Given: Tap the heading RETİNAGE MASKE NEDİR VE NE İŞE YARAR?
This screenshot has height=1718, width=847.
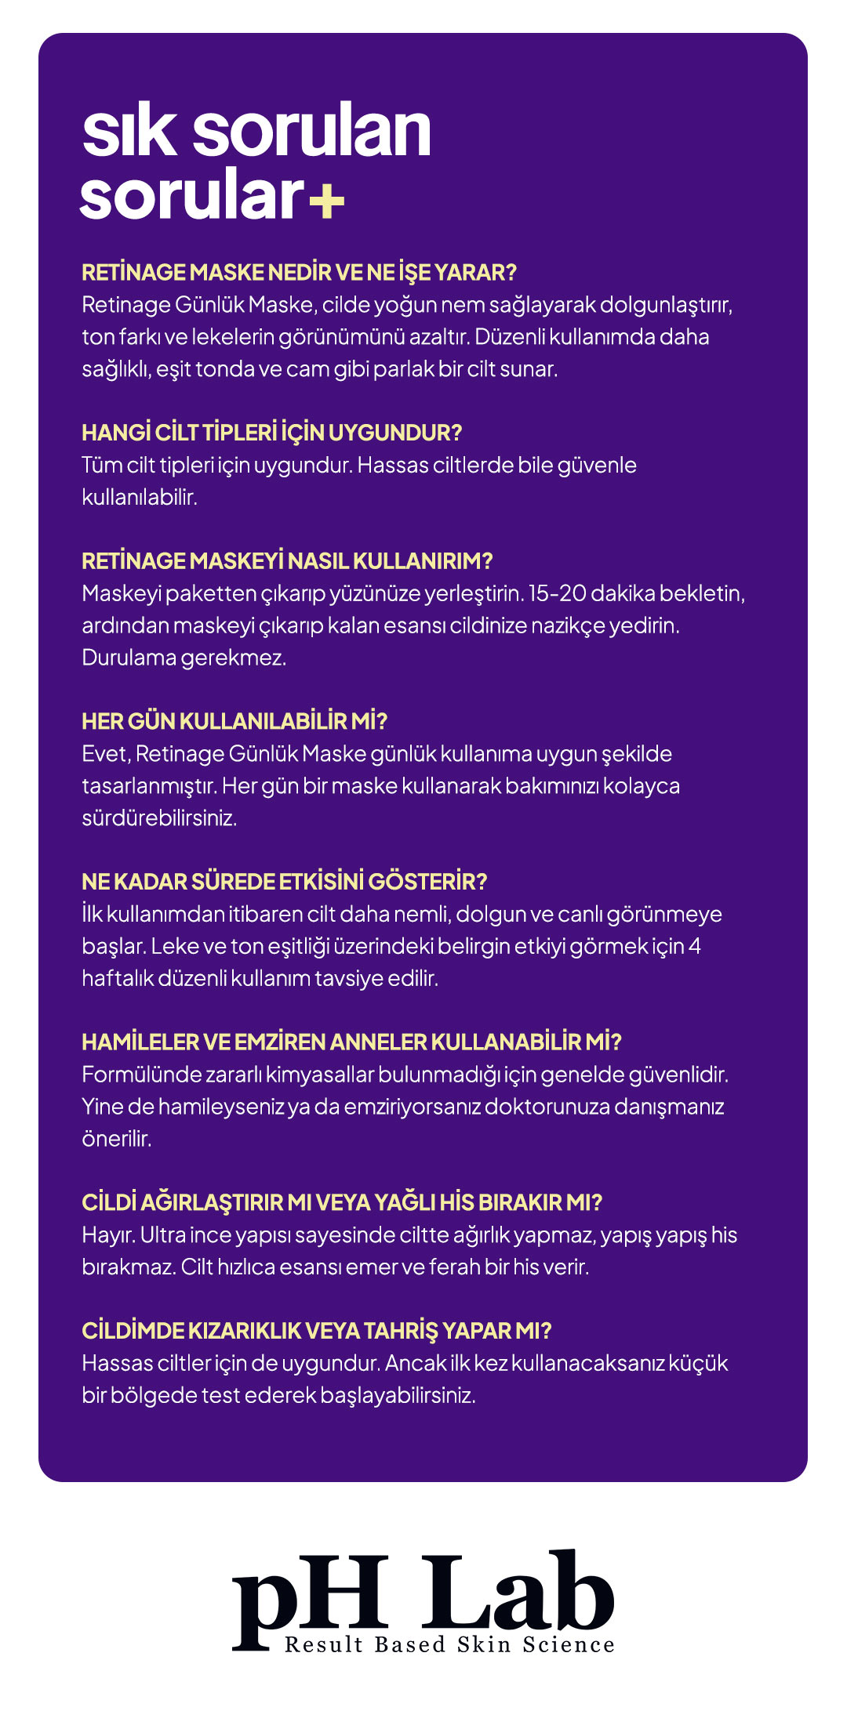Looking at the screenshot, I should [299, 272].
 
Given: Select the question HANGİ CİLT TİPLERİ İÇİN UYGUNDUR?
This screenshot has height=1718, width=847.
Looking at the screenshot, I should [271, 432].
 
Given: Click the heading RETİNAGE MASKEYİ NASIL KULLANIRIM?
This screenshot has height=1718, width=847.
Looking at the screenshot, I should [287, 560].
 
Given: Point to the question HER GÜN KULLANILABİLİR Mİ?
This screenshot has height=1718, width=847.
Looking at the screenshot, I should [234, 721].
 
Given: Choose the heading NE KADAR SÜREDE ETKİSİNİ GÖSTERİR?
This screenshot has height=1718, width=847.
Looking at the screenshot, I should [284, 882].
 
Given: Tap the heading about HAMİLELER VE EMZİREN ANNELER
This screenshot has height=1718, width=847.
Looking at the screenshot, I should [351, 1042].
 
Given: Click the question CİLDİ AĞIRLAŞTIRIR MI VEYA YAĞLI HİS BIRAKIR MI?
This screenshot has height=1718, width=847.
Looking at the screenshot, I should [342, 1202].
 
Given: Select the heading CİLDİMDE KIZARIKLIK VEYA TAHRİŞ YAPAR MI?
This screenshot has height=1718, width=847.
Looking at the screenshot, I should [317, 1331].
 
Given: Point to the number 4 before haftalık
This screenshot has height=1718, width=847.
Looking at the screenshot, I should [694, 946].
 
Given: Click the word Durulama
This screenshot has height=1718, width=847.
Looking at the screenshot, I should [129, 658].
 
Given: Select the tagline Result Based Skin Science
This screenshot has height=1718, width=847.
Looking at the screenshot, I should [449, 1644].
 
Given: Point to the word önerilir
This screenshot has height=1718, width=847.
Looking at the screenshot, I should [116, 1139].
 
